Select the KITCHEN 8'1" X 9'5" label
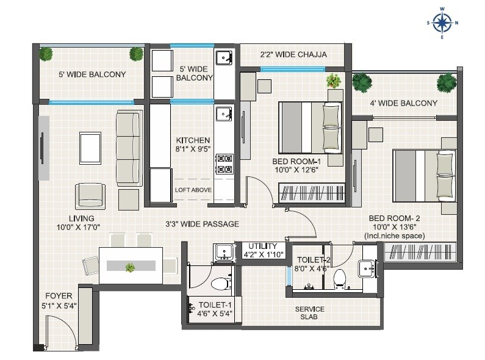(x=193, y=144)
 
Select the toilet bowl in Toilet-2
(x=340, y=278)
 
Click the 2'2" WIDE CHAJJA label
(x=293, y=55)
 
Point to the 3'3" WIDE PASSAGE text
(x=202, y=224)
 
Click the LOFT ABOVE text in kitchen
(x=193, y=190)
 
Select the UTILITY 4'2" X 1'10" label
(x=262, y=250)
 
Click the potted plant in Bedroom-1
(x=333, y=81)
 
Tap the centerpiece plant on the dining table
(x=130, y=267)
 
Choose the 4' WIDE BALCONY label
(x=403, y=103)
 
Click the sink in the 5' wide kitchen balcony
(x=224, y=58)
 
